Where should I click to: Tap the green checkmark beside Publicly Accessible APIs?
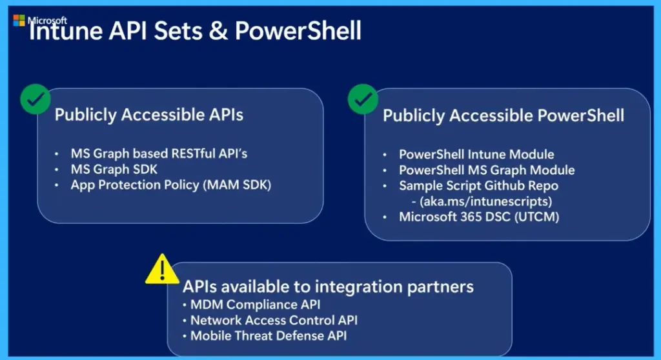pyautogui.click(x=35, y=99)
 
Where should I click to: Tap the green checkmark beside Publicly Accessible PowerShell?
pyautogui.click(x=363, y=99)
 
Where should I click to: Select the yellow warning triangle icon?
pyautogui.click(x=163, y=270)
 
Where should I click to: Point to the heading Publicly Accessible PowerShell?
pyautogui.click(x=503, y=115)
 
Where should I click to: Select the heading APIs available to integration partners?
pyautogui.click(x=328, y=287)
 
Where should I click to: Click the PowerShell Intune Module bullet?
pyautogui.click(x=476, y=155)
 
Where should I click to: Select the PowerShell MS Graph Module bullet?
pyautogui.click(x=487, y=170)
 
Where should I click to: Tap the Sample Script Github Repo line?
pyautogui.click(x=478, y=186)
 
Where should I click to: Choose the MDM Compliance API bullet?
pyautogui.click(x=255, y=305)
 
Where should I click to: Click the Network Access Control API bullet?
pyautogui.click(x=274, y=320)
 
